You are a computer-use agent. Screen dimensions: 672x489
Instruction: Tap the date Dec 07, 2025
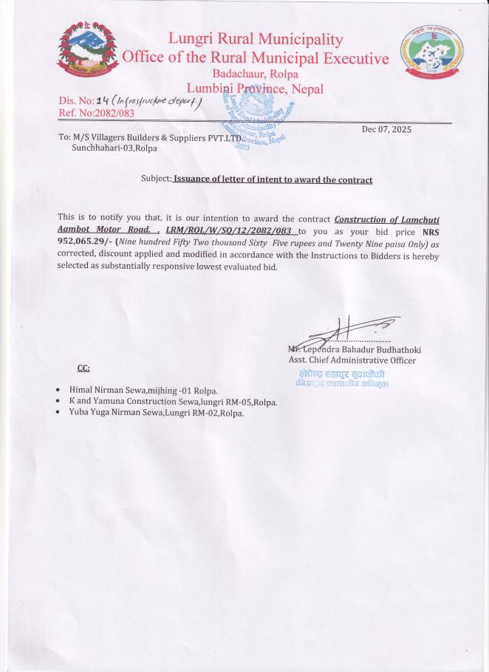pos(387,129)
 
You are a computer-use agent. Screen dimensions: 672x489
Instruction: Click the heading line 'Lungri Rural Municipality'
pos(256,39)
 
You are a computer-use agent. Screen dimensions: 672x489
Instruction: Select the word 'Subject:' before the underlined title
pos(156,179)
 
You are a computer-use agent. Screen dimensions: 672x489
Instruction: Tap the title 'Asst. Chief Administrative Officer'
pos(352,360)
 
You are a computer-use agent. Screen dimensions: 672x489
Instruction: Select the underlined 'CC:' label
pos(83,368)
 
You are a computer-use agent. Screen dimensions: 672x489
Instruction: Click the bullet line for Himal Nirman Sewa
pos(143,389)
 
